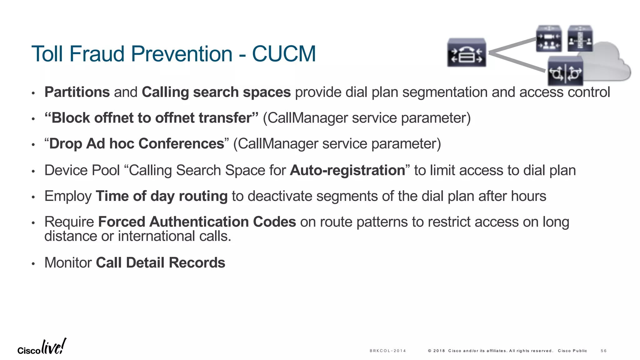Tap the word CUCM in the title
284,54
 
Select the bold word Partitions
77,92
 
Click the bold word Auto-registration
347,170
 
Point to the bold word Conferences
181,144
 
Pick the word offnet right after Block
114,118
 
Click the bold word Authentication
199,222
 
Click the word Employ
68,196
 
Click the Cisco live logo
42,347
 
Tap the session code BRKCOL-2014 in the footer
387,351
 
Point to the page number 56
603,351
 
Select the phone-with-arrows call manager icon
467,52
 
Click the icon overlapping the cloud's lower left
565,71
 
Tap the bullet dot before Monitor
33,264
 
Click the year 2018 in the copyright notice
439,351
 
